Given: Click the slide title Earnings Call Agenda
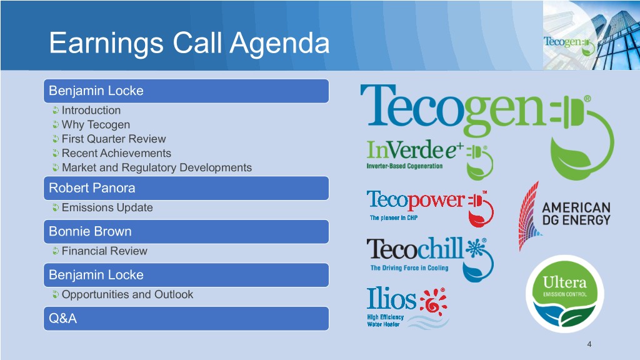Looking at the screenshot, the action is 189,43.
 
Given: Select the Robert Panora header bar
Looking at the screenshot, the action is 186,188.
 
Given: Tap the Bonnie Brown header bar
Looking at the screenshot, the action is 186,232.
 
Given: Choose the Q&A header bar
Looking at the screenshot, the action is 186,318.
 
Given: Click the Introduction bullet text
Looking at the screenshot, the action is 91,110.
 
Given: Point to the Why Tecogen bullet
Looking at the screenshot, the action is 96,124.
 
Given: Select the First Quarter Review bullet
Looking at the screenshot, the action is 114,139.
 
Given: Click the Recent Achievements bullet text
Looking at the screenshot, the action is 116,153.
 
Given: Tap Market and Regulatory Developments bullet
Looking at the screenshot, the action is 157,167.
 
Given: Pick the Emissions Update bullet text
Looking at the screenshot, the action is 107,207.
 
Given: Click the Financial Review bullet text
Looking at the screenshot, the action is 104,251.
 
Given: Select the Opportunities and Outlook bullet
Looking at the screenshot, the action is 127,294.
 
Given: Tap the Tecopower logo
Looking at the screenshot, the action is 430,208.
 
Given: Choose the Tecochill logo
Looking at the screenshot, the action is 430,259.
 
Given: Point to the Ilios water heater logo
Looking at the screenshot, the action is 407,307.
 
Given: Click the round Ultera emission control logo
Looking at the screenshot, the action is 565,294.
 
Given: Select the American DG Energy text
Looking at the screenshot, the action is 576,214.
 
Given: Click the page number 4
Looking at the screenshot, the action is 589,344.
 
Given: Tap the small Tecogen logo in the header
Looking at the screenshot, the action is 569,45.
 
